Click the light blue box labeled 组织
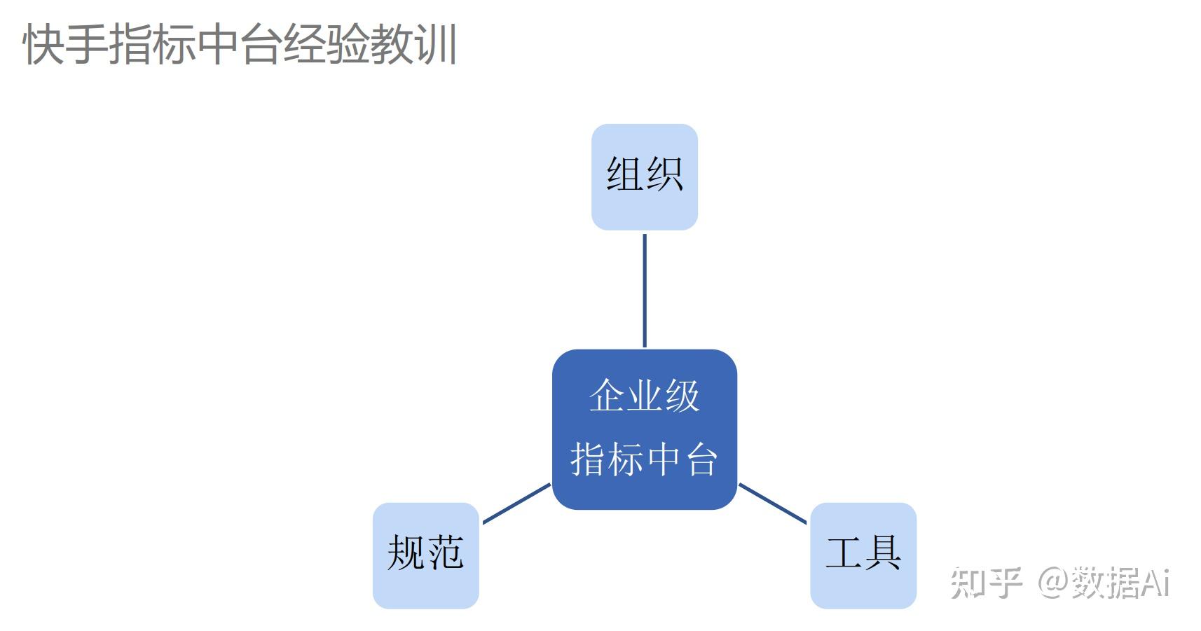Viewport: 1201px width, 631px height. click(x=645, y=177)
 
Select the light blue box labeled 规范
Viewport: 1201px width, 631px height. click(x=425, y=555)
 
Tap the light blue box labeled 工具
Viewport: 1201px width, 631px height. click(x=863, y=555)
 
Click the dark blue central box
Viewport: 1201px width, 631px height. click(x=645, y=429)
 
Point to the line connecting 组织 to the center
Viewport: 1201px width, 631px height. click(x=645, y=290)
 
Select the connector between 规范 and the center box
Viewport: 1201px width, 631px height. click(x=516, y=504)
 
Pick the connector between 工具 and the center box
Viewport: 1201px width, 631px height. click(x=773, y=504)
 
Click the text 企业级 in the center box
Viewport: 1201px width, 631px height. click(x=645, y=396)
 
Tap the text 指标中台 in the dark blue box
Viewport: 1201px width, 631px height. click(x=645, y=460)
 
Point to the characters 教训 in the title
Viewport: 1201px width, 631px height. click(x=414, y=45)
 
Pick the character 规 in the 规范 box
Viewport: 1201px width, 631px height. click(x=406, y=553)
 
